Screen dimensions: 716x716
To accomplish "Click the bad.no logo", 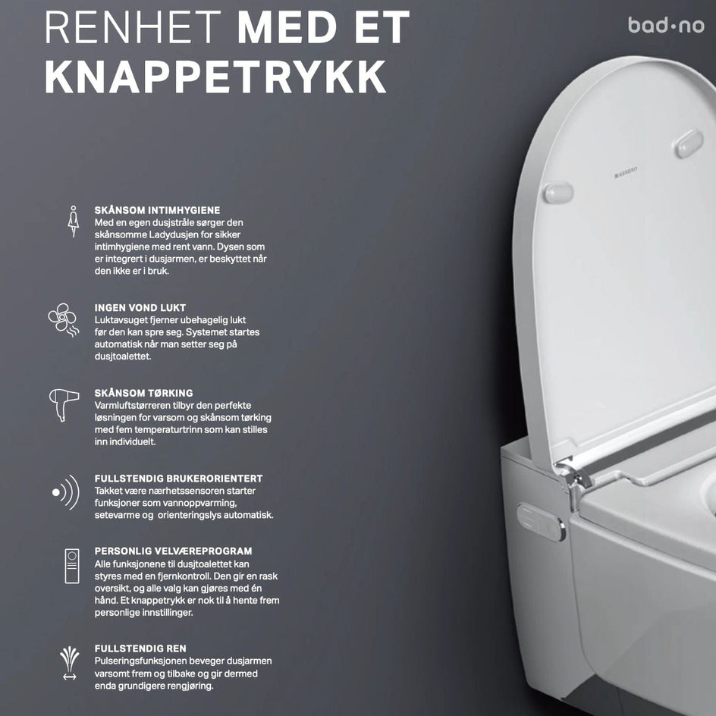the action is pos(666,26).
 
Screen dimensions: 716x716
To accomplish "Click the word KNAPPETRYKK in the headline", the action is pos(215,77).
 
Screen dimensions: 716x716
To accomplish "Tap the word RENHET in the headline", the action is pos(133,27).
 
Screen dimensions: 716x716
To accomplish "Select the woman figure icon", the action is pos(73,221).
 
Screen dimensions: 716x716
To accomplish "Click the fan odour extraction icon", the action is pos(64,319).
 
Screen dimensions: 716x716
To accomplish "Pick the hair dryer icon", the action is pos(64,404).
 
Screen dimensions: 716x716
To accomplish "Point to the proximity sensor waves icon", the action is pos(66,491).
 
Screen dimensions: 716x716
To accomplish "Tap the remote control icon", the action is pos(72,567).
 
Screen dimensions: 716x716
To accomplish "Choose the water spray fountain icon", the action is pos(70,663).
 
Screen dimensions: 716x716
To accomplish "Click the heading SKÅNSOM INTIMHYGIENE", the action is pos(157,211).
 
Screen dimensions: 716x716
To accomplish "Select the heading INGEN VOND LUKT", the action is pos(140,308).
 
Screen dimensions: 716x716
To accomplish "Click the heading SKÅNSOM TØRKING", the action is pos(144,393).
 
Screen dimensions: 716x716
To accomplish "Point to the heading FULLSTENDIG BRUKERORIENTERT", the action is pos(178,479).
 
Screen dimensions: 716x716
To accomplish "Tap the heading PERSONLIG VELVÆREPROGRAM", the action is pos(173,551).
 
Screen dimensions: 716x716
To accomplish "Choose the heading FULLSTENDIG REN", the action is pos(140,648).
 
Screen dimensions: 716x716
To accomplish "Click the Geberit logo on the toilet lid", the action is pos(626,172).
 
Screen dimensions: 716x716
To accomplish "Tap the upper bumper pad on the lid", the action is pos(689,143).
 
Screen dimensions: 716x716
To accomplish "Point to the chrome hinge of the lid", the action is pos(573,475).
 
